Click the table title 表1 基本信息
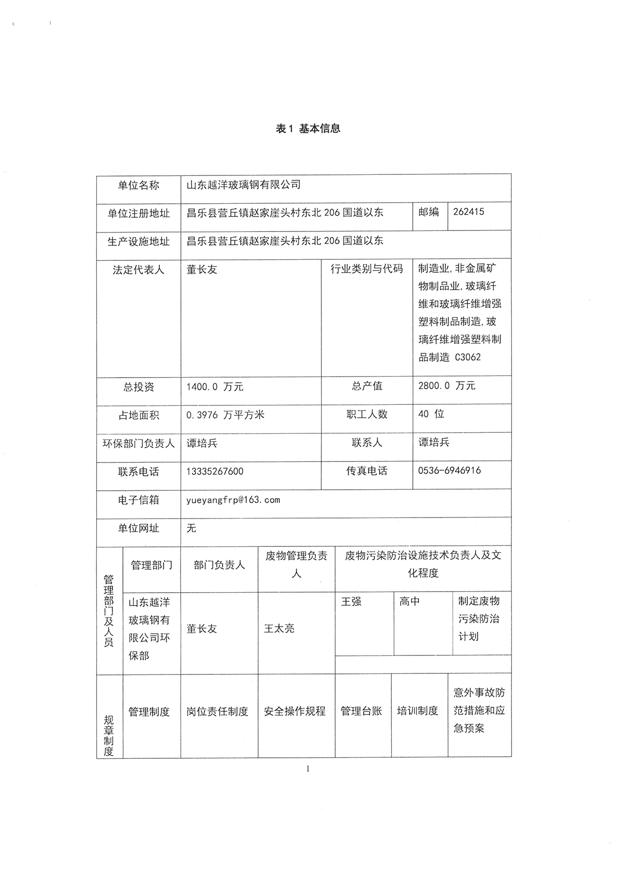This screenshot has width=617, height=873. (308, 129)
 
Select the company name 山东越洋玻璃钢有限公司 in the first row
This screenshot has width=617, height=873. (243, 185)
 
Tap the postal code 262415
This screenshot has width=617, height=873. (468, 212)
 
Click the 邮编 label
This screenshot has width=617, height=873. (429, 212)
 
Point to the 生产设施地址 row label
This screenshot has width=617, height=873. (138, 241)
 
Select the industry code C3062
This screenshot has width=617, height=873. (468, 357)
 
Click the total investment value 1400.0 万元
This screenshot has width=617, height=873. (215, 387)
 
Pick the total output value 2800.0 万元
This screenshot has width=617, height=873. (447, 386)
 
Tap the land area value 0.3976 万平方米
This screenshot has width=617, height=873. (225, 415)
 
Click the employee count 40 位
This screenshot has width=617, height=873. (431, 414)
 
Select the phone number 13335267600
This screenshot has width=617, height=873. (215, 471)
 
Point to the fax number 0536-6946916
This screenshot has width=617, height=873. (449, 470)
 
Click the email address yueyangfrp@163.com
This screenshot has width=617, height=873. (233, 500)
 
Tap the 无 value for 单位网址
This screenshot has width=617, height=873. (191, 528)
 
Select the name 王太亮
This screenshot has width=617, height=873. (279, 628)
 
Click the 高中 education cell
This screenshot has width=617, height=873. (409, 601)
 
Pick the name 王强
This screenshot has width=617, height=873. (351, 601)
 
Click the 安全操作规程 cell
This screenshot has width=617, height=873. (295, 711)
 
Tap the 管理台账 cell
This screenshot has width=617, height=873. (361, 711)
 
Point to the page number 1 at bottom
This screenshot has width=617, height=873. (308, 769)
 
